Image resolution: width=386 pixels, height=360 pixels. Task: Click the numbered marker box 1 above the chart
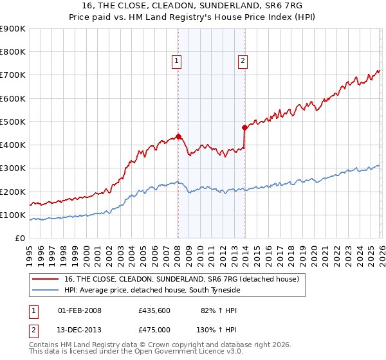tap(176, 62)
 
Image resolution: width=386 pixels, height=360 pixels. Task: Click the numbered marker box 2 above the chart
tap(243, 62)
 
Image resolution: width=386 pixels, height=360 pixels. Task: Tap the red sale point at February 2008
tap(178, 136)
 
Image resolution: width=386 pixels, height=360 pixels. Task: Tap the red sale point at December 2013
tap(245, 127)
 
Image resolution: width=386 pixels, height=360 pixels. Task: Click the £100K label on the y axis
tap(13, 215)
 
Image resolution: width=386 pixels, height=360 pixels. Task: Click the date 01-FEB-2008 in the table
tap(80, 310)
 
